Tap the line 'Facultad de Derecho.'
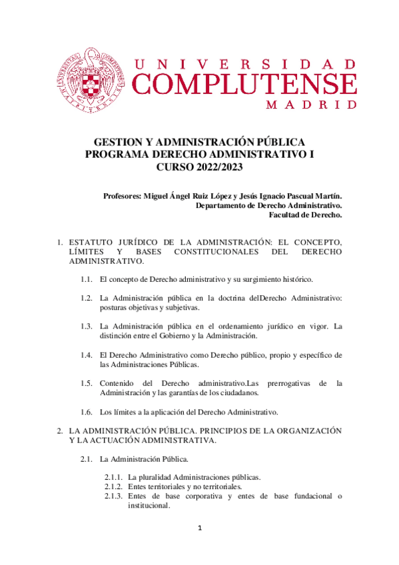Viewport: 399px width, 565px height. [305, 215]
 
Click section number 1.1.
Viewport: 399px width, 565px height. [86, 278]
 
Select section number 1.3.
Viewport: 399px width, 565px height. [86, 326]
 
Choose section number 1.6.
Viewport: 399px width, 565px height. [86, 411]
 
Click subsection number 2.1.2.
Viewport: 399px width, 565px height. [113, 486]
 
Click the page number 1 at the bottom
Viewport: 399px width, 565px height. [199, 528]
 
